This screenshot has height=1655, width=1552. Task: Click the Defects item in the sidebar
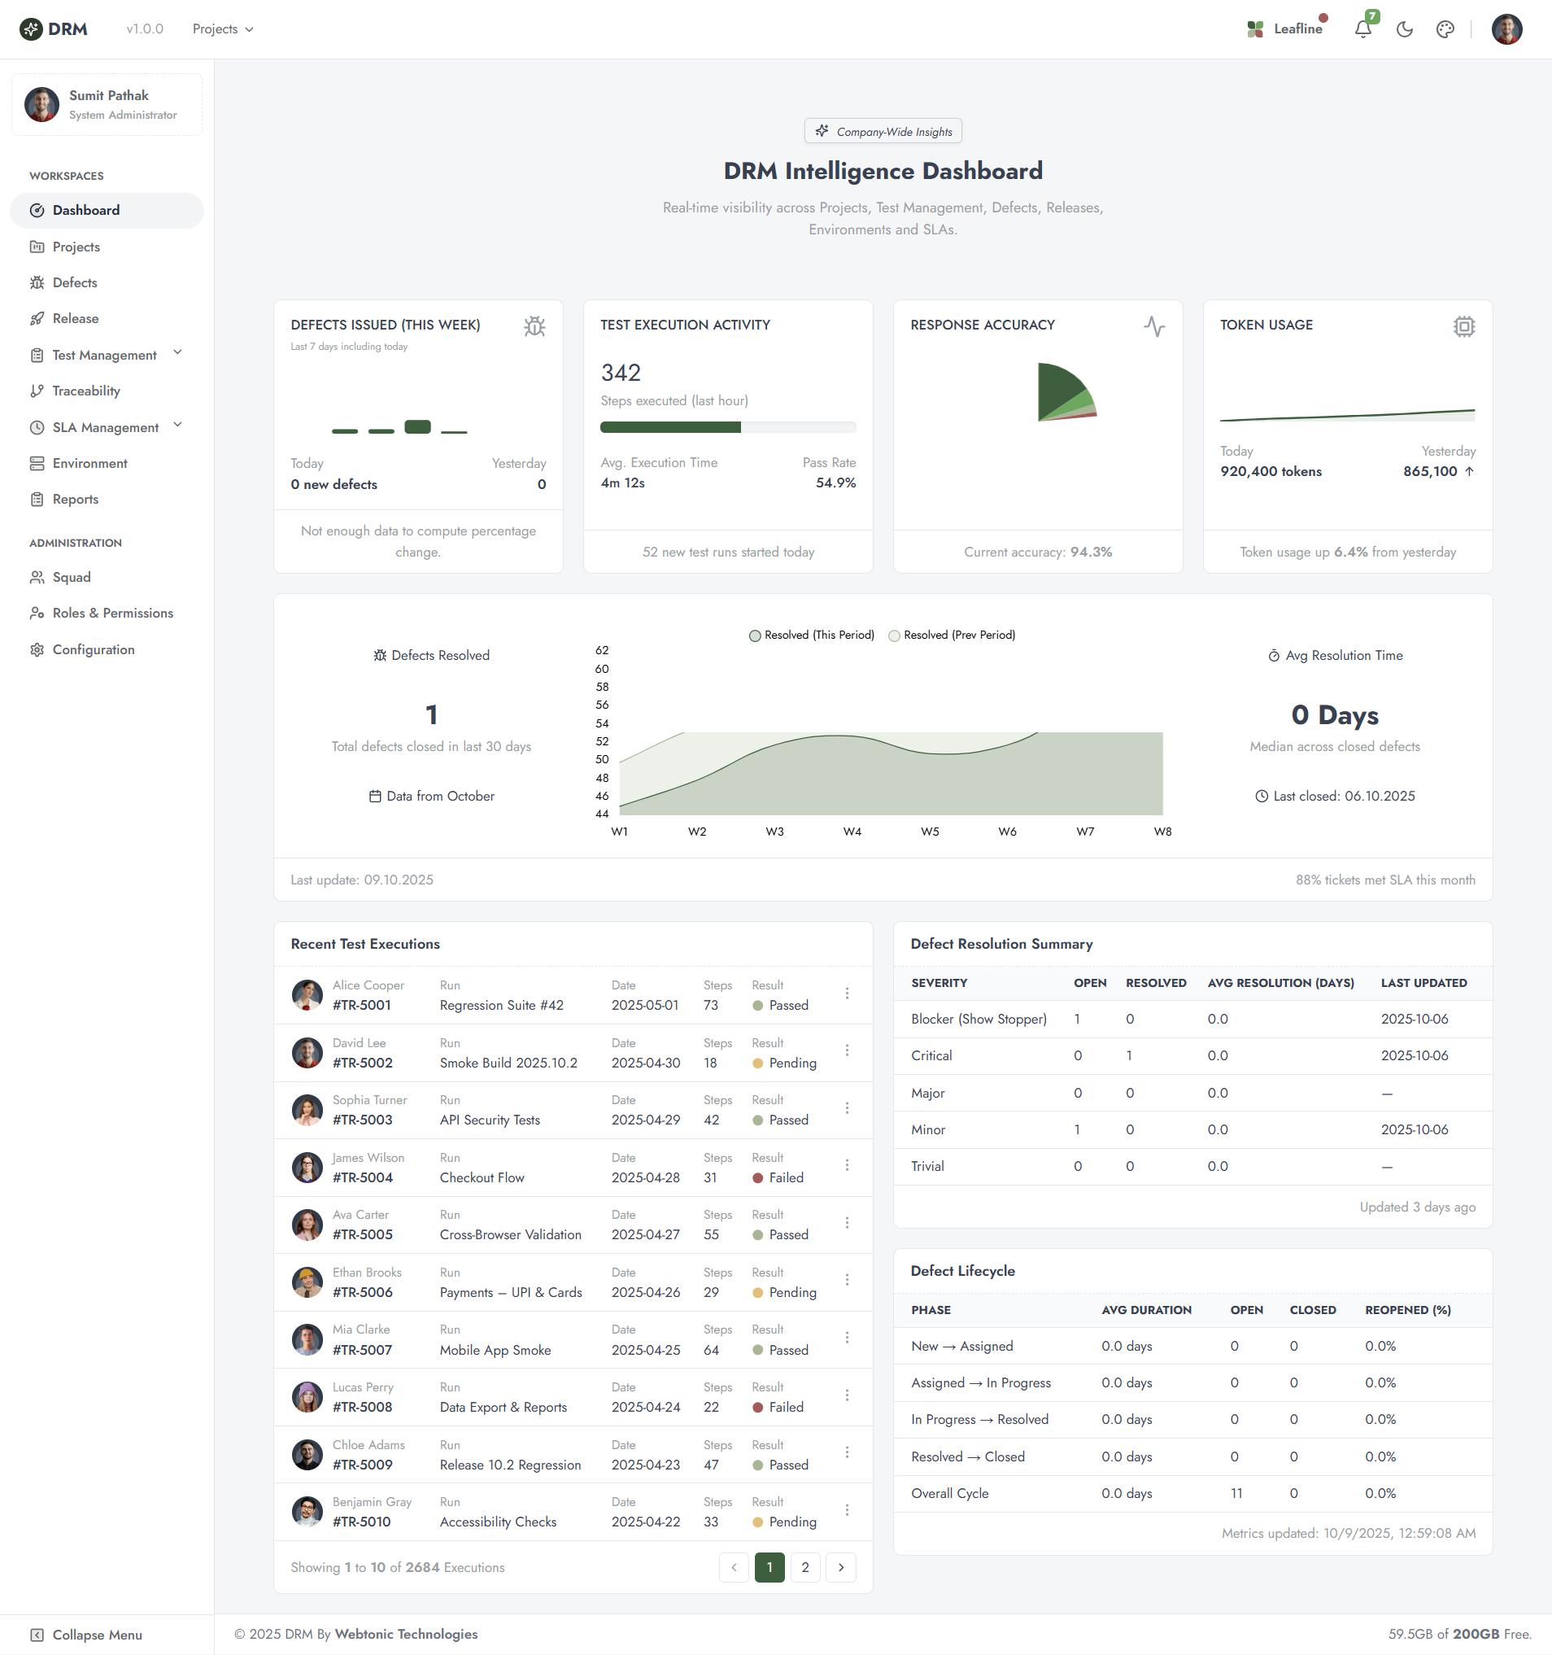click(x=74, y=283)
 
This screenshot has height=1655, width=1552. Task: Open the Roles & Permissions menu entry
click(x=112, y=614)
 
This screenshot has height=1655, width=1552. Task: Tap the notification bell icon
click(x=1362, y=29)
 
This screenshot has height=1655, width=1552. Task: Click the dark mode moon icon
click(x=1405, y=29)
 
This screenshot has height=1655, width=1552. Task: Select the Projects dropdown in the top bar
click(x=222, y=29)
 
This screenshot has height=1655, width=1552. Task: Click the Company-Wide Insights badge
click(x=883, y=132)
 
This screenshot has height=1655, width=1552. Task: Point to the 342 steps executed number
click(x=621, y=373)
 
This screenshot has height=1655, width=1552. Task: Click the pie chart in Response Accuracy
click(x=1064, y=393)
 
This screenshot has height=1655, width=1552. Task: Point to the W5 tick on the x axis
click(x=930, y=832)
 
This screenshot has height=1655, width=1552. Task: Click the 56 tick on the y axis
click(x=602, y=705)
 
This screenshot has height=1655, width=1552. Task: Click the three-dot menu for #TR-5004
click(x=847, y=1165)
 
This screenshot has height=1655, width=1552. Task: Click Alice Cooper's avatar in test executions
click(x=307, y=995)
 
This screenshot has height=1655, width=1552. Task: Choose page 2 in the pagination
click(x=804, y=1568)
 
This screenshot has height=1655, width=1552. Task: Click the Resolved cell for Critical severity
click(x=1129, y=1055)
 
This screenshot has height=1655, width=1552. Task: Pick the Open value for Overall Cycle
click(x=1236, y=1494)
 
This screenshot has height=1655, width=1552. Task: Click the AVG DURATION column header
click(x=1146, y=1310)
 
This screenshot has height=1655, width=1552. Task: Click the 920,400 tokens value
click(x=1271, y=472)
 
